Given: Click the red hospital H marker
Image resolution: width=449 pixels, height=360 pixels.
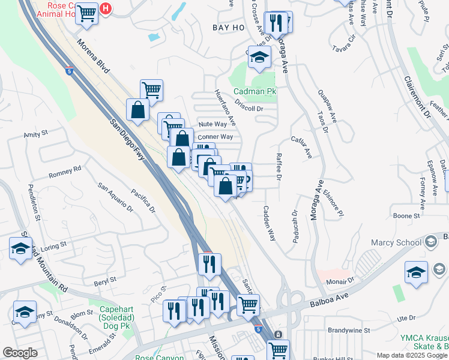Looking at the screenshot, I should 106,8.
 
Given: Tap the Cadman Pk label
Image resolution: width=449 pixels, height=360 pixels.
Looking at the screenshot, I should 255,92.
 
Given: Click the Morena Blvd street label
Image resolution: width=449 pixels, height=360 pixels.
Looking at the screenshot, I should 93,57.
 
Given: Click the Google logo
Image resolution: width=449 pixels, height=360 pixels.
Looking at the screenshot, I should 20,353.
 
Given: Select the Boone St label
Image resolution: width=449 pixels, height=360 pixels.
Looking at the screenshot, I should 406,215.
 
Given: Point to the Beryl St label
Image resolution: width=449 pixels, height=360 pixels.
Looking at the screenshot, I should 104,280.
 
